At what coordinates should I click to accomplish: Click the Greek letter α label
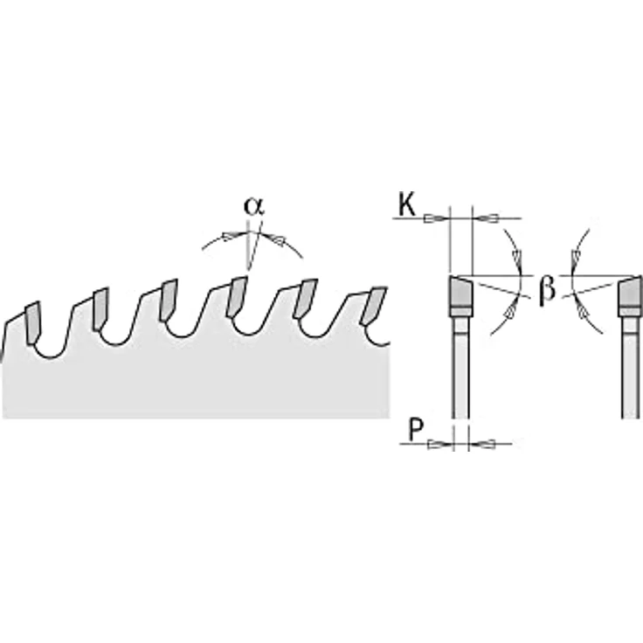point(254,206)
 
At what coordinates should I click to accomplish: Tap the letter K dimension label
point(407,205)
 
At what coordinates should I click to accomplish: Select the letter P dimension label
point(416,430)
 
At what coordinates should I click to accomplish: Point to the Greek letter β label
point(548,289)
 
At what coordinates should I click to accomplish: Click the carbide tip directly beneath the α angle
point(237,297)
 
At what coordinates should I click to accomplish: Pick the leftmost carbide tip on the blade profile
point(32,323)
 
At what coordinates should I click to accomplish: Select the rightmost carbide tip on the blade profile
point(374,307)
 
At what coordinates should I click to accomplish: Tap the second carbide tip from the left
point(100,309)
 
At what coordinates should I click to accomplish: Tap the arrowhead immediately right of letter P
point(439,444)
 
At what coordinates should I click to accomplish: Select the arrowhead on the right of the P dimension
point(482,444)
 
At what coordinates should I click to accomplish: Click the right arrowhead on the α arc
point(274,239)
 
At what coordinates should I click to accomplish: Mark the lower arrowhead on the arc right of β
point(581,310)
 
